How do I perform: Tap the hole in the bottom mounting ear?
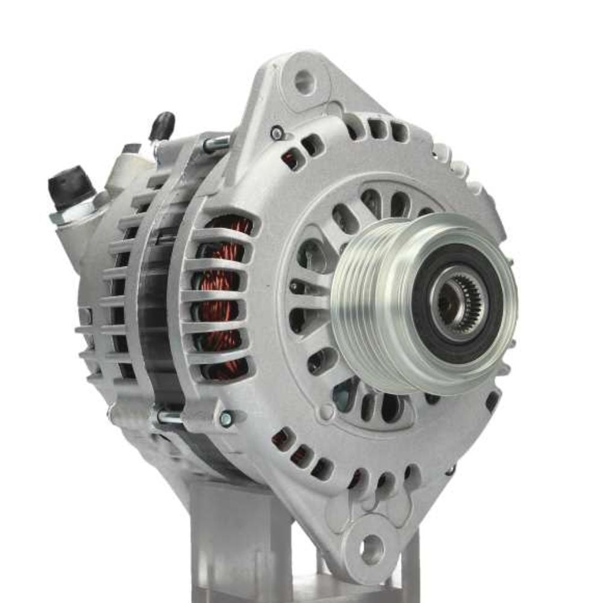371,549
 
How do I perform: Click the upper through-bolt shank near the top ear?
217,144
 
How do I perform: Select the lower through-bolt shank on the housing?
169,416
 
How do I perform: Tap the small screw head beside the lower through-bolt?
226,418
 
